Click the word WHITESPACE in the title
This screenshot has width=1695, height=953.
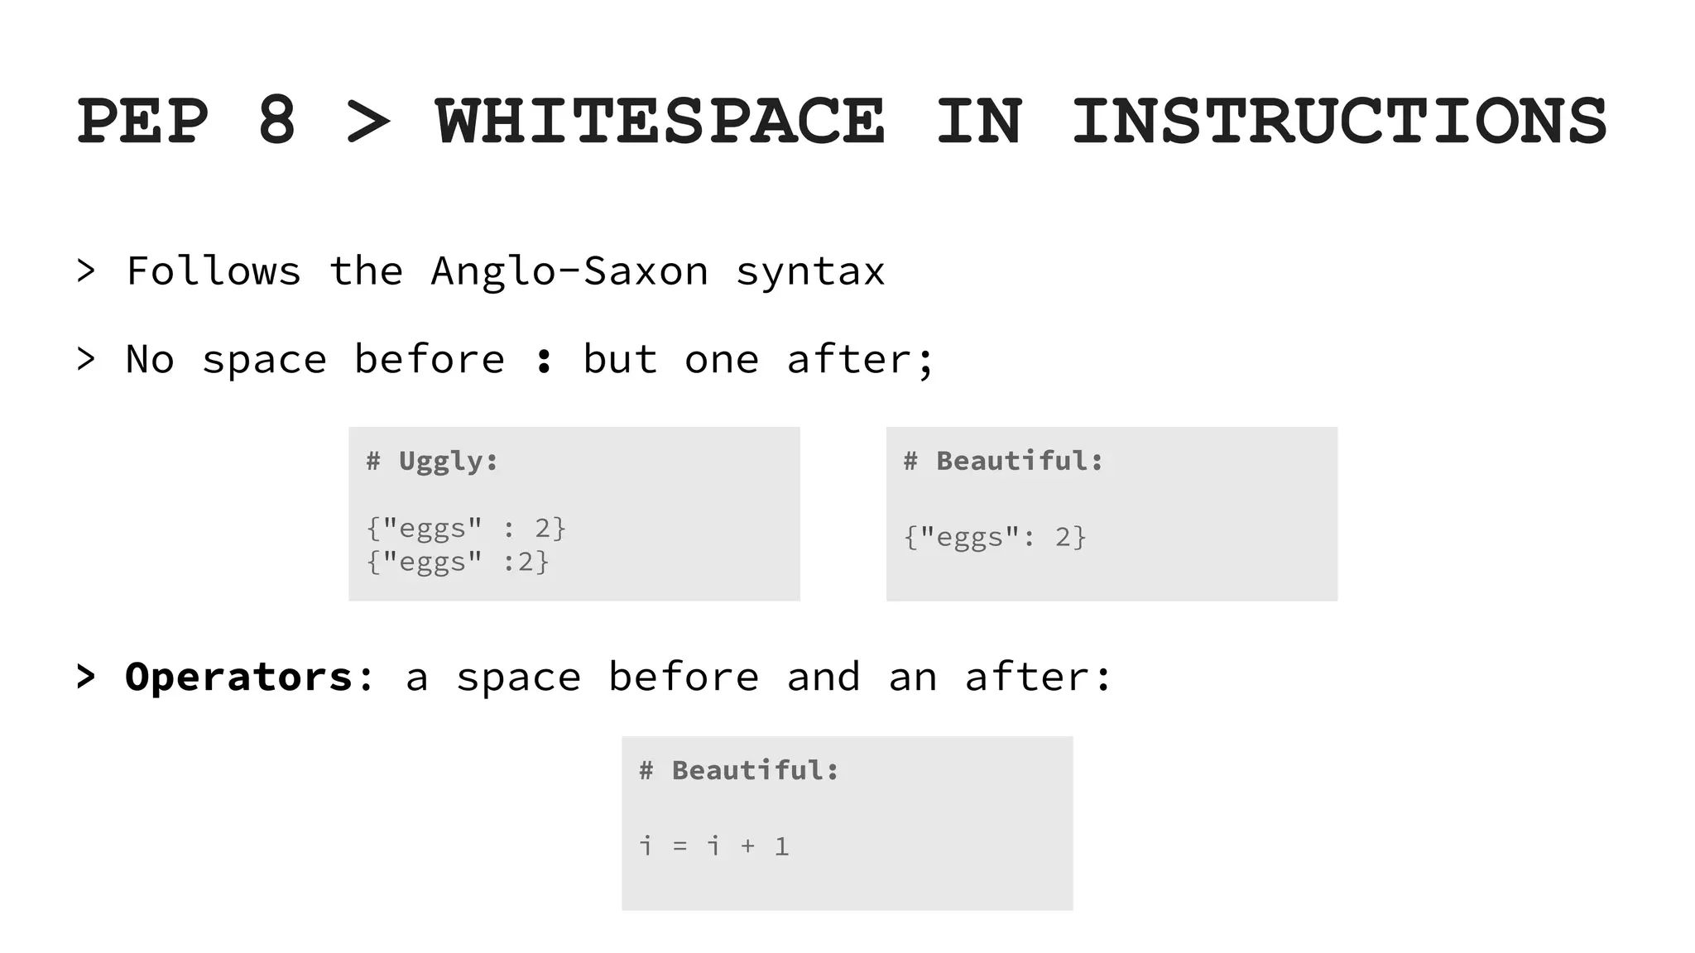click(x=660, y=122)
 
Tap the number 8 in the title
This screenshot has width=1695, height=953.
click(x=276, y=122)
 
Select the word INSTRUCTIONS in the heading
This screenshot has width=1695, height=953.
click(x=1338, y=122)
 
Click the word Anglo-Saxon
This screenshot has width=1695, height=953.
click(x=569, y=271)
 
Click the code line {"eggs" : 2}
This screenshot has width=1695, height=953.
click(x=466, y=528)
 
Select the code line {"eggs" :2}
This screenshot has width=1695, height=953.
click(x=458, y=563)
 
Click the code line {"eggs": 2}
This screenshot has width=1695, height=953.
click(x=994, y=538)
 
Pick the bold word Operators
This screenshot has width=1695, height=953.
click(x=239, y=678)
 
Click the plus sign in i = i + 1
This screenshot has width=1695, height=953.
click(x=748, y=846)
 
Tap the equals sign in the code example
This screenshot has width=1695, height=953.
click(x=680, y=846)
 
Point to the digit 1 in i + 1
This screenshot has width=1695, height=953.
click(x=781, y=846)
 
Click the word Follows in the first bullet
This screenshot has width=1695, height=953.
click(x=214, y=271)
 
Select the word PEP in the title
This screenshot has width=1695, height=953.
click(x=142, y=122)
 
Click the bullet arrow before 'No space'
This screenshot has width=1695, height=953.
click(x=86, y=359)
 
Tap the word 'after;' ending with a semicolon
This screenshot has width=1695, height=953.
click(x=860, y=360)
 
